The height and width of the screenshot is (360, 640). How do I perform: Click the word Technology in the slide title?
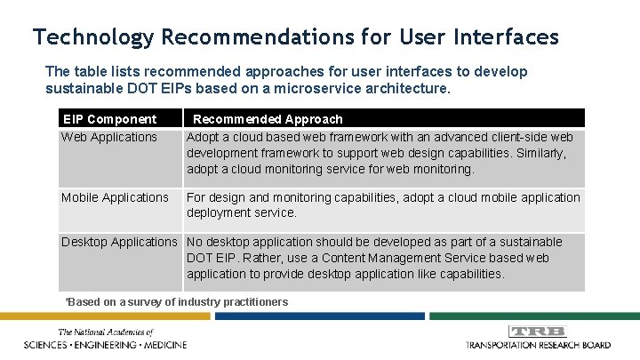92,37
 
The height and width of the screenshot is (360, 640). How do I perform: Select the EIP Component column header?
108,118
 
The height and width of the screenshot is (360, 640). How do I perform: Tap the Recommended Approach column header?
268,118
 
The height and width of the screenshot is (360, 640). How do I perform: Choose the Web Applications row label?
108,137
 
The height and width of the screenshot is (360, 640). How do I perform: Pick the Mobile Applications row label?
114,197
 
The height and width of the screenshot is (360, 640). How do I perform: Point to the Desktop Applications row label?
119,242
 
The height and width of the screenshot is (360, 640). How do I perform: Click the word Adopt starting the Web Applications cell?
204,137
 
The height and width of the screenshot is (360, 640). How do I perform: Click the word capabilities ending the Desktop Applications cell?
464,274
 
